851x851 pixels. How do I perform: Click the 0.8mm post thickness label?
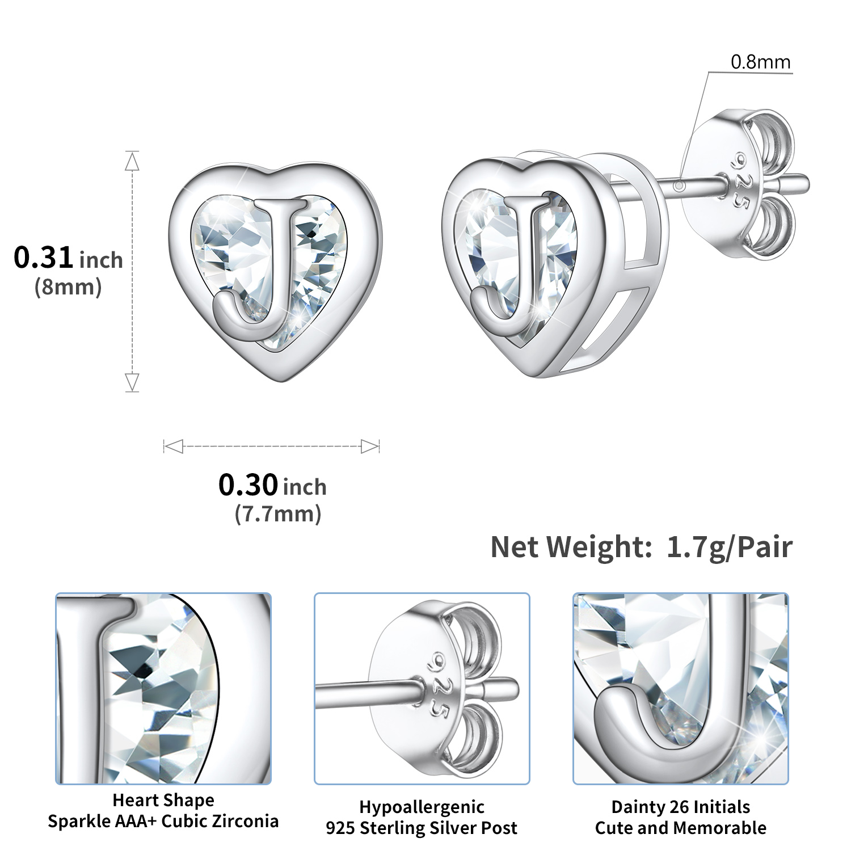point(760,62)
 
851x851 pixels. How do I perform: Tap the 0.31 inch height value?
point(68,258)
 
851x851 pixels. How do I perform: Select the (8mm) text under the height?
point(68,287)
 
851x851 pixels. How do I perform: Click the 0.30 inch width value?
point(272,486)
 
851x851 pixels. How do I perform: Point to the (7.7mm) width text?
point(278,514)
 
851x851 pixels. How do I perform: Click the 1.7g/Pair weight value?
point(729,547)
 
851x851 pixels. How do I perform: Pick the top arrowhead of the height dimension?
point(132,162)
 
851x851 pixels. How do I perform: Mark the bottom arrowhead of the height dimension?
point(132,382)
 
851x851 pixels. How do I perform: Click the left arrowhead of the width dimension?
point(173,446)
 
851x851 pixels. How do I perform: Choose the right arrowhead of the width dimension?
point(370,446)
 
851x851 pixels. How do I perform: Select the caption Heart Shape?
point(163,800)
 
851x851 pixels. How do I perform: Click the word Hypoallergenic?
point(422,807)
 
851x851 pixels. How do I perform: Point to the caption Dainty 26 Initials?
point(680,807)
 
